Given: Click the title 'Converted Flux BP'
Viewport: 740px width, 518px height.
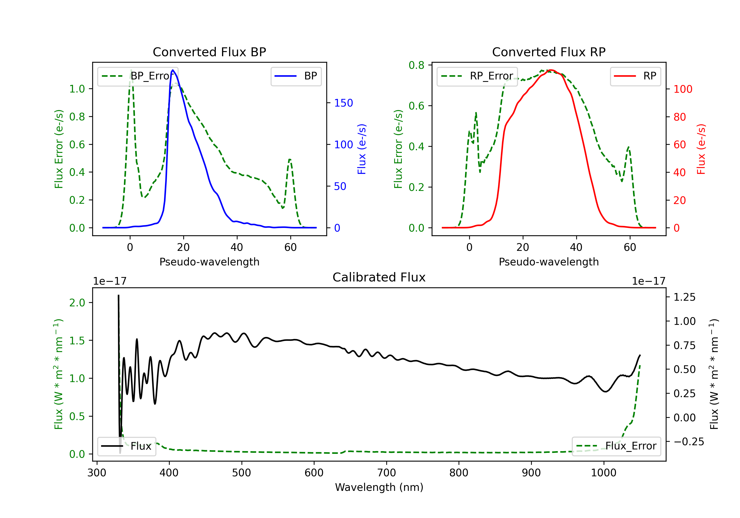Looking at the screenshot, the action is click(x=209, y=52).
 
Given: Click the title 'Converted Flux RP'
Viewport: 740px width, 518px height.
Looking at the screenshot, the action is click(x=549, y=52).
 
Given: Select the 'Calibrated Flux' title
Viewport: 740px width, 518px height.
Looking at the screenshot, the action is click(x=379, y=277).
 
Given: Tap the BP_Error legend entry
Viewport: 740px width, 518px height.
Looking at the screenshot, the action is click(x=138, y=76).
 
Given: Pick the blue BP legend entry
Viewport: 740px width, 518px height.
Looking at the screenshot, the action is click(x=296, y=76).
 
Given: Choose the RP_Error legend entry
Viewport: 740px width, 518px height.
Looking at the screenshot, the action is click(x=477, y=76).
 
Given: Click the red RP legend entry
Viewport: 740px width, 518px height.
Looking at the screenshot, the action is click(x=635, y=76).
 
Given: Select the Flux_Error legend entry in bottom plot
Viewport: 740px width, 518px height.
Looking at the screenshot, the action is click(x=616, y=446).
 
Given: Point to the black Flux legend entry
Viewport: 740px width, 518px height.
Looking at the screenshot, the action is click(x=126, y=446).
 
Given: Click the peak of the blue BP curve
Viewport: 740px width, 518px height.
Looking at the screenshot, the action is click(x=173, y=70).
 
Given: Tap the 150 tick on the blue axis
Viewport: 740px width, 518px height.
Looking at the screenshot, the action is click(x=344, y=103).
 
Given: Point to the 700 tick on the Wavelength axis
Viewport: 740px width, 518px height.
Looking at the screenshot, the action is click(x=387, y=473).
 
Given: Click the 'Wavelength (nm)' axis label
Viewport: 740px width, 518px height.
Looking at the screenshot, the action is click(x=379, y=487).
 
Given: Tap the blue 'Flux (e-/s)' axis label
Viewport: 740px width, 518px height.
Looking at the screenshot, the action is click(x=362, y=149).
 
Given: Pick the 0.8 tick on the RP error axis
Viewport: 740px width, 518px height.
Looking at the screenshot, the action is click(x=416, y=65).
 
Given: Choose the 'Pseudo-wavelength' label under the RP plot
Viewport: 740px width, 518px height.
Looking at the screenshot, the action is click(x=549, y=262).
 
